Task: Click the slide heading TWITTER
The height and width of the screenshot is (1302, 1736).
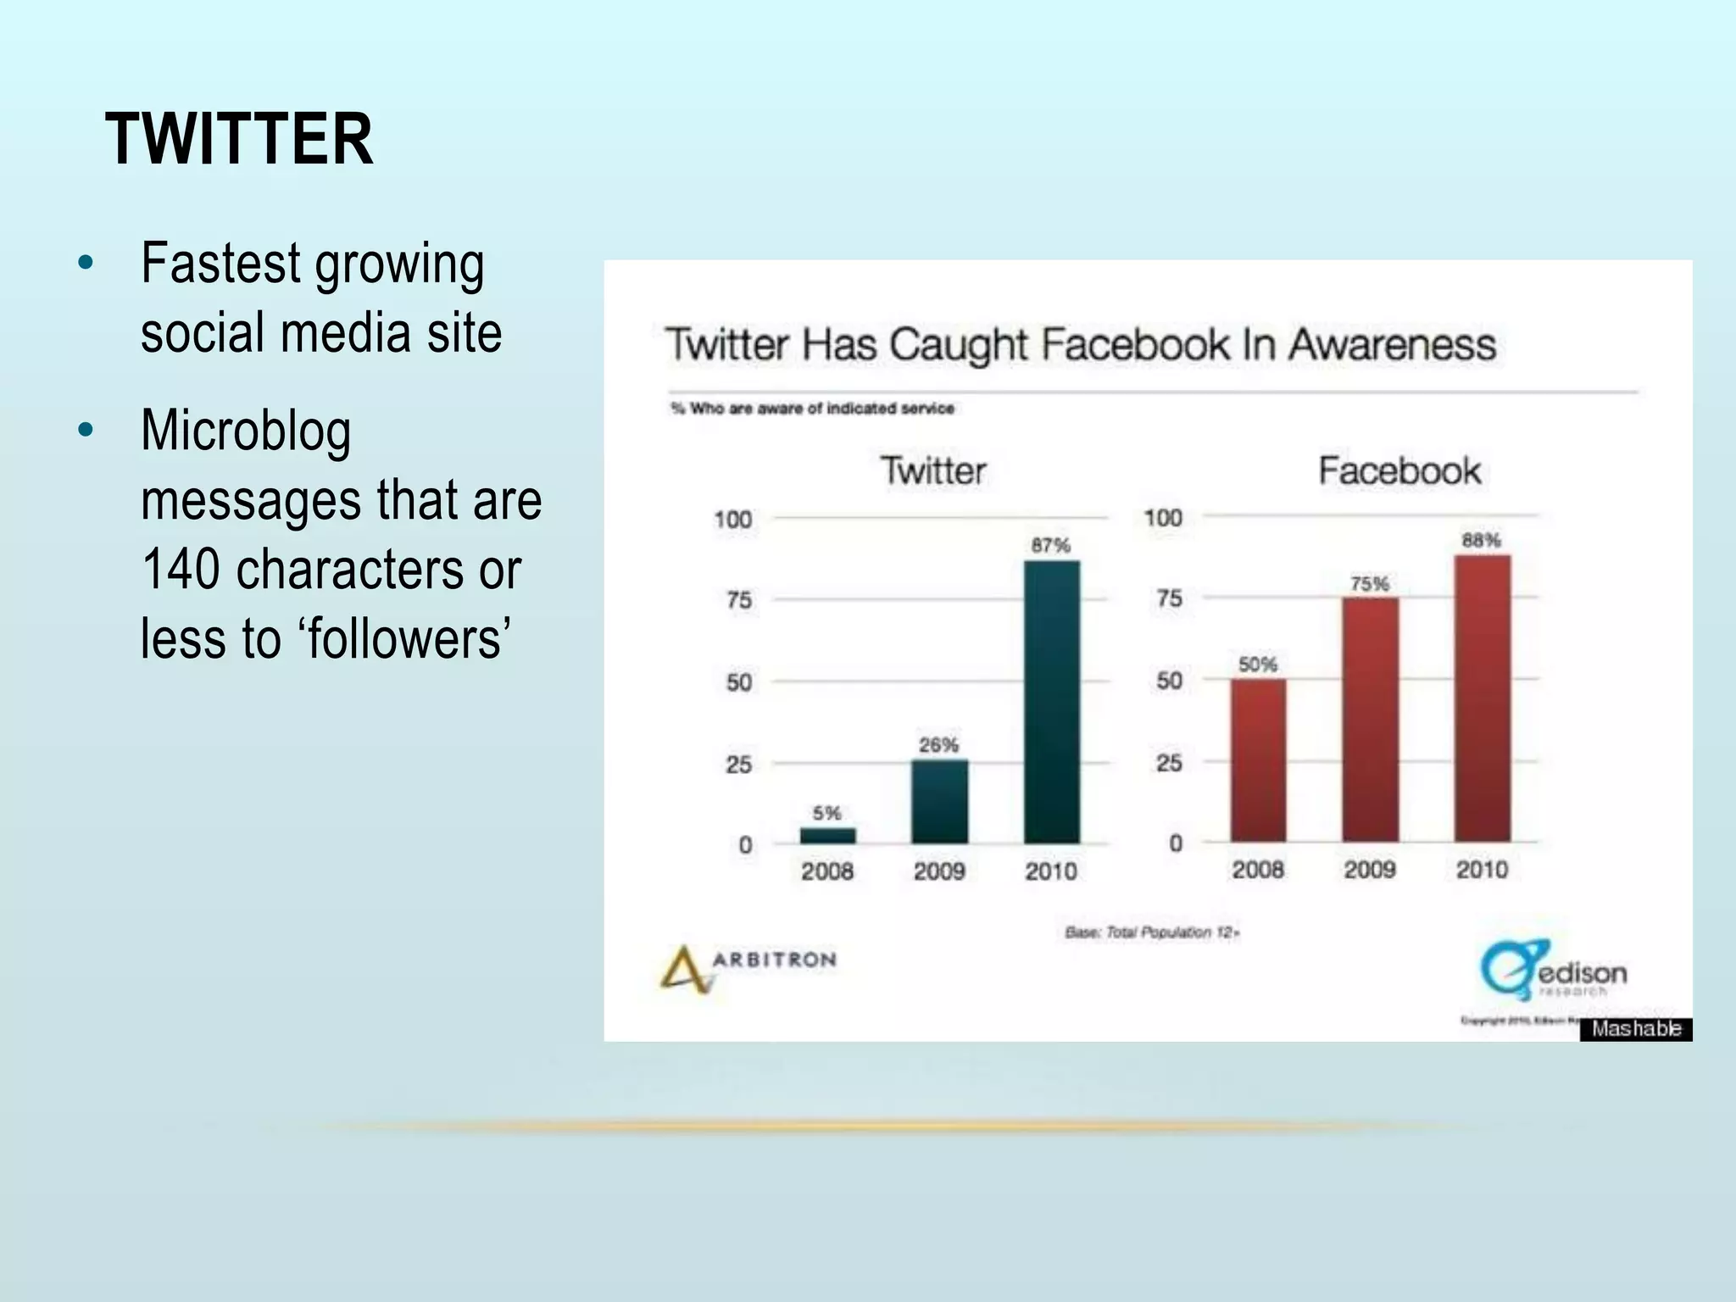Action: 239,140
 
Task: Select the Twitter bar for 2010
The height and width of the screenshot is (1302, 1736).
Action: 1051,702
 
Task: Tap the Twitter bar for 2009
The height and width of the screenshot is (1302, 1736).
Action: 939,801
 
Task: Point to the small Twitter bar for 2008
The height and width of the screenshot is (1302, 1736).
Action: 827,836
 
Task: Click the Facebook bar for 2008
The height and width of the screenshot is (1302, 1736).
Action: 1258,760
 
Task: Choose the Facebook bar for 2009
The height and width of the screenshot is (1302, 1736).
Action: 1370,720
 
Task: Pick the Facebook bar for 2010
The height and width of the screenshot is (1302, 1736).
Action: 1482,698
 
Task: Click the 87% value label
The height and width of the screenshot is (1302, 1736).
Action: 1050,545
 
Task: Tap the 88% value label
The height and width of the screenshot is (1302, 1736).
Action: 1481,540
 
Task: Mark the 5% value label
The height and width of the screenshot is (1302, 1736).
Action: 826,813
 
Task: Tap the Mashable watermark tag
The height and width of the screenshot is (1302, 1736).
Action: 1635,1029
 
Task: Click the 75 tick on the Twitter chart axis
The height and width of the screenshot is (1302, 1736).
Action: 738,600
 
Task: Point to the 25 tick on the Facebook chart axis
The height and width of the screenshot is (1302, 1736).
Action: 1169,763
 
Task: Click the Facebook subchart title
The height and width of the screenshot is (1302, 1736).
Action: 1399,471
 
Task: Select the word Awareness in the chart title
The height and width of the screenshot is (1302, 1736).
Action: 1392,345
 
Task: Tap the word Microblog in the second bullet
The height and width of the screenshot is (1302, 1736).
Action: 246,431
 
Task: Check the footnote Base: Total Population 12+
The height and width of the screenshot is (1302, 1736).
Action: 1152,932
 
